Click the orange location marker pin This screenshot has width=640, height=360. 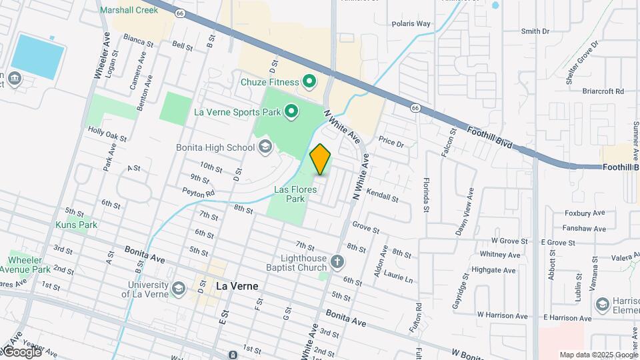(321, 159)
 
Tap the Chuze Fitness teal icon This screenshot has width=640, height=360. (309, 82)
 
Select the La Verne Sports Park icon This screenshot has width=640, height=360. (291, 111)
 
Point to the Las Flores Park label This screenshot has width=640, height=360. (289, 194)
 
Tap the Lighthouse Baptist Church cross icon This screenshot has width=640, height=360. (337, 261)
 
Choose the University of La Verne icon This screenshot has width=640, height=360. (178, 288)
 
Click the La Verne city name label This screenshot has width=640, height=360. (237, 286)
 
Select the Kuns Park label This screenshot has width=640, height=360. (77, 225)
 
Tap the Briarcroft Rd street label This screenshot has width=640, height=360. (603, 91)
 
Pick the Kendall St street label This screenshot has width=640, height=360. (382, 199)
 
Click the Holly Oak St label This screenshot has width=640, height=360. (107, 135)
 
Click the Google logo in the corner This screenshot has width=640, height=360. (21, 351)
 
